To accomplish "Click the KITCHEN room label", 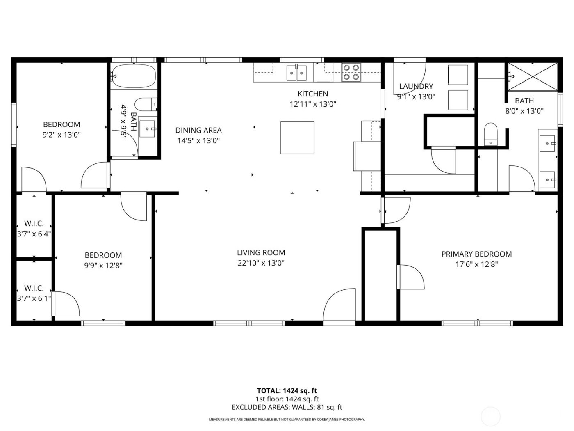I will tap(312, 94).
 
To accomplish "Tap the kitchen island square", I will tap(297, 137).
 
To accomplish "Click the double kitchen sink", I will tap(297, 73).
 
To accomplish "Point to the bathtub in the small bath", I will tap(134, 76).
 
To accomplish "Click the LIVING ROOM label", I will tap(261, 253).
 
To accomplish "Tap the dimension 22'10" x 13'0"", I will tap(261, 263).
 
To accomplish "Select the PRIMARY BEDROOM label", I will tap(476, 254).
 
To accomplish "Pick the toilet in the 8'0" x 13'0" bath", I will tap(490, 134).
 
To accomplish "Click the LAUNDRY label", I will tap(416, 86).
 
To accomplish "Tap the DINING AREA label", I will tap(198, 130).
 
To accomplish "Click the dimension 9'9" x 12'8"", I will tap(103, 266).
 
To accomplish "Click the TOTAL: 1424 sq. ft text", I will tap(287, 391).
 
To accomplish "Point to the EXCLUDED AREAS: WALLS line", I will tap(287, 407).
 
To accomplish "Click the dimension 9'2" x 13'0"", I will tap(61, 135).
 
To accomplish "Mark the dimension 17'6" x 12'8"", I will tap(476, 265).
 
